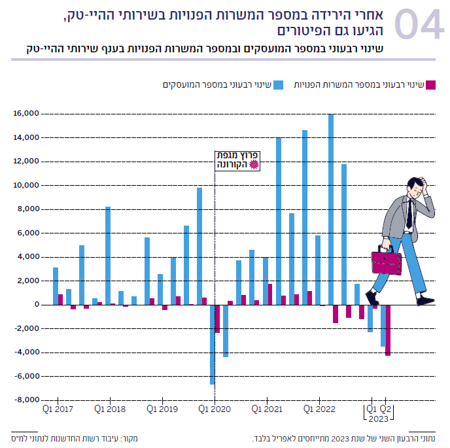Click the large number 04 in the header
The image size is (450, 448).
pos(419,27)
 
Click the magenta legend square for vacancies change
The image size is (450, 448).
pos(429,84)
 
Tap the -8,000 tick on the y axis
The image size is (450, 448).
pos(25,400)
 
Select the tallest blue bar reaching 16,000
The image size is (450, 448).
pos(331,209)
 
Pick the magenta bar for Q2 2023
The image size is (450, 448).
pos(388,330)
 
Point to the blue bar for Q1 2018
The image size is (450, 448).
pos(108,256)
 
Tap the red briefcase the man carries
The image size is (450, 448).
pos(387,262)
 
